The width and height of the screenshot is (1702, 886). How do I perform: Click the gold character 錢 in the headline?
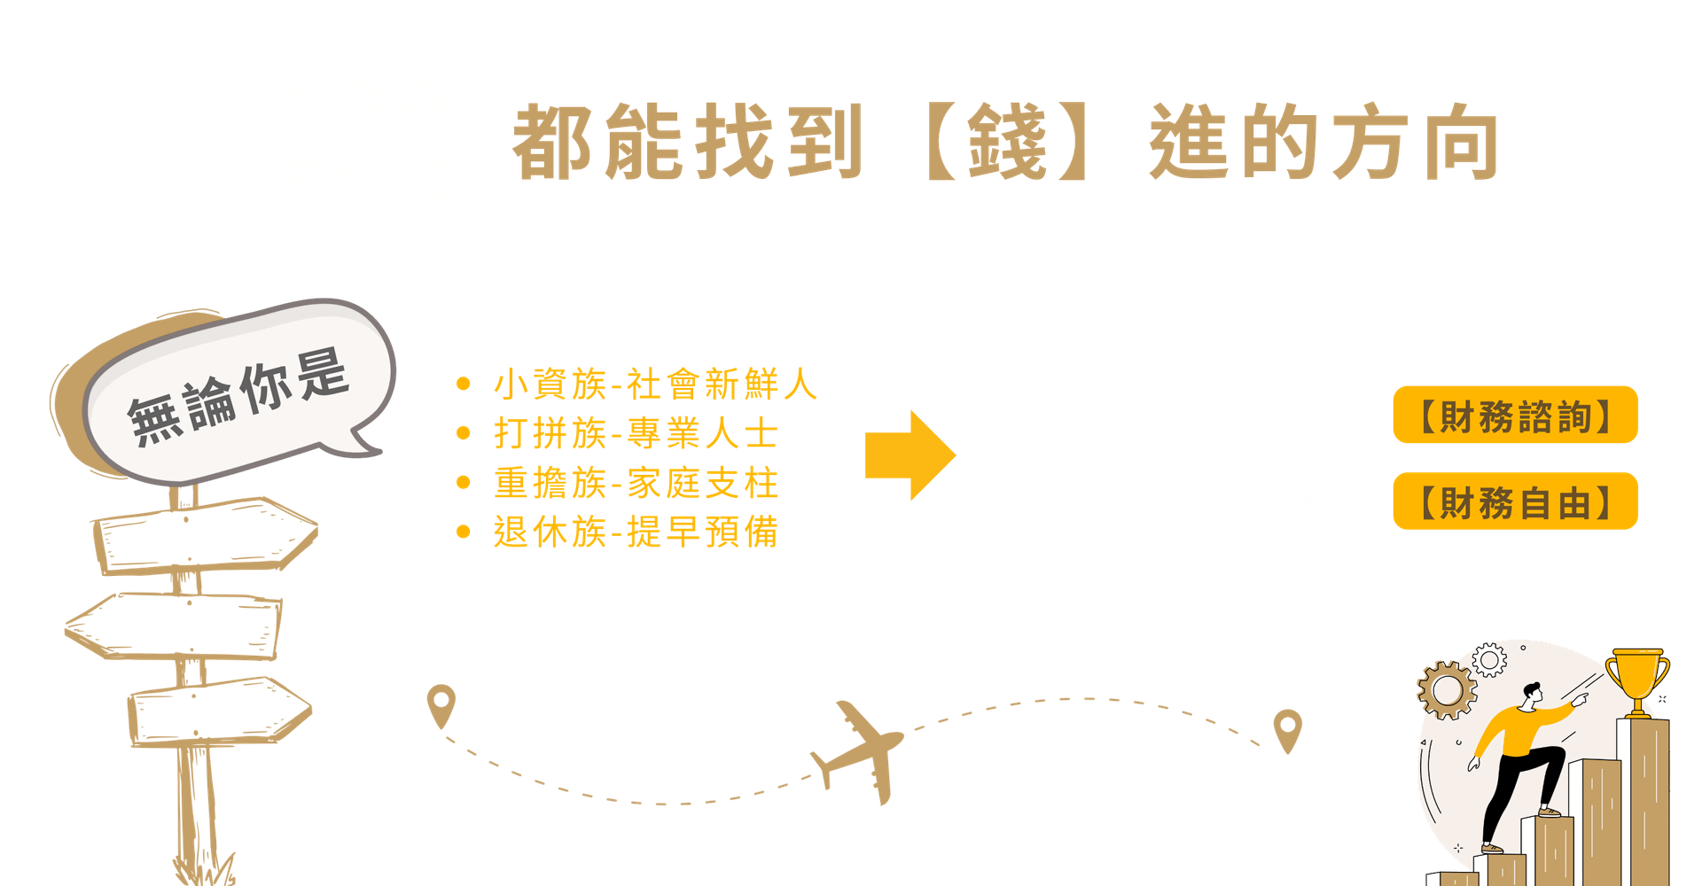tap(1008, 142)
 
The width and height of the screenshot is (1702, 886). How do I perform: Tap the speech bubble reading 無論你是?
tap(238, 395)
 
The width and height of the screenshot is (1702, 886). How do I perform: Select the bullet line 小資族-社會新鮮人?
tap(654, 385)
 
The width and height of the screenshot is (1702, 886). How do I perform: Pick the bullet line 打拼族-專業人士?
tap(636, 435)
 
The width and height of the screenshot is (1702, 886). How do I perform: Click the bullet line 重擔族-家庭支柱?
tap(636, 484)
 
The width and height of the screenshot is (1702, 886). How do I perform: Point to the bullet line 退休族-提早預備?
tap(636, 532)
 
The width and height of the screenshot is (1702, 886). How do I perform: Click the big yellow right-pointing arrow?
tap(910, 455)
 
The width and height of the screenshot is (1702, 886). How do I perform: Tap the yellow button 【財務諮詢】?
tap(1515, 415)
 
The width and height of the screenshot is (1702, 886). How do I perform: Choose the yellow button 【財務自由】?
tap(1515, 501)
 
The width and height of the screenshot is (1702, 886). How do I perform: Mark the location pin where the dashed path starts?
tap(441, 703)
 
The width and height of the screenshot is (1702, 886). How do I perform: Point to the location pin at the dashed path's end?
tap(1287, 729)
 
